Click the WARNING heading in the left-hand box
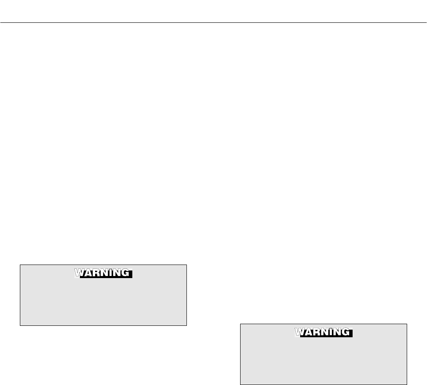point(104,273)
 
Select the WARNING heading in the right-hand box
point(323,332)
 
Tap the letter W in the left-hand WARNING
point(79,273)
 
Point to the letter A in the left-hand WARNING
point(87,273)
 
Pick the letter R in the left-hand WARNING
point(95,273)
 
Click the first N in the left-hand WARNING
point(103,273)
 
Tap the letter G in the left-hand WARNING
point(124,273)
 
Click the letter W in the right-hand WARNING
point(299,332)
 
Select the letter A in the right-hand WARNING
point(307,332)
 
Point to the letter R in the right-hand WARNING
point(315,332)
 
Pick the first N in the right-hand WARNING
point(323,332)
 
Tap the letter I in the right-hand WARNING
point(329,332)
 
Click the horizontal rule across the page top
point(213,22)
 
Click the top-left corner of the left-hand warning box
point(20,265)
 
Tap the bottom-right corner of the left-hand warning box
point(186,325)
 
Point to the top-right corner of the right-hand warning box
point(406,324)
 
